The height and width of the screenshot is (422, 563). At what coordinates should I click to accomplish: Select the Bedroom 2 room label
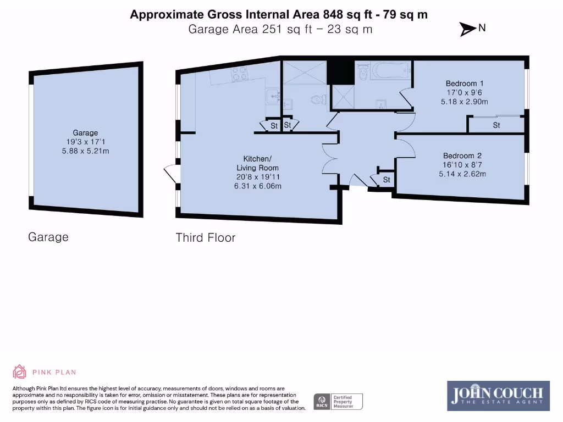point(462,156)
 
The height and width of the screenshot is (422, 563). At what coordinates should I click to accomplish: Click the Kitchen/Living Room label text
point(257,163)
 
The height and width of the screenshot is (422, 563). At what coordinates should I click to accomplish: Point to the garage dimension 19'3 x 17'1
point(85,142)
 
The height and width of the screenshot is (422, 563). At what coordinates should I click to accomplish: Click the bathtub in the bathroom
point(391,70)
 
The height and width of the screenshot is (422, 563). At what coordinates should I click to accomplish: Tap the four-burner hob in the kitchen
point(240,74)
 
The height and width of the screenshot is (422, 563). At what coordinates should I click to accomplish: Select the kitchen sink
point(274,96)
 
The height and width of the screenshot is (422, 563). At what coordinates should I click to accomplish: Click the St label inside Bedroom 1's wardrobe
point(496,125)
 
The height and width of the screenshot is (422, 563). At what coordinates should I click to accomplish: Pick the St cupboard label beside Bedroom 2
point(387,180)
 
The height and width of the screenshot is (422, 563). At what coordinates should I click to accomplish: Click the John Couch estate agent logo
point(498,396)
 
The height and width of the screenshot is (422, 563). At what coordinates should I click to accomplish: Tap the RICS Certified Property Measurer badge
point(338,402)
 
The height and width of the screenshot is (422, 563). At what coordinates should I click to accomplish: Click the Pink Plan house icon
point(19,372)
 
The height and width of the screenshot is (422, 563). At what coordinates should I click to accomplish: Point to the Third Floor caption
point(206,237)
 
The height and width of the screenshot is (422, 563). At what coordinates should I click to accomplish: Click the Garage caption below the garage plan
point(48,237)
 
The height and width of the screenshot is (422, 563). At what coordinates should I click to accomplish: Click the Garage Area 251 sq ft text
point(250,30)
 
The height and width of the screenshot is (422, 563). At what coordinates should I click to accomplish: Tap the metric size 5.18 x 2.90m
point(464,102)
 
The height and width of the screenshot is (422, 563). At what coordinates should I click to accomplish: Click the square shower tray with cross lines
point(343,97)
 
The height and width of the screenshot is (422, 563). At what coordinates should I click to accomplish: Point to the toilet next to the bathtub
point(363,72)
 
